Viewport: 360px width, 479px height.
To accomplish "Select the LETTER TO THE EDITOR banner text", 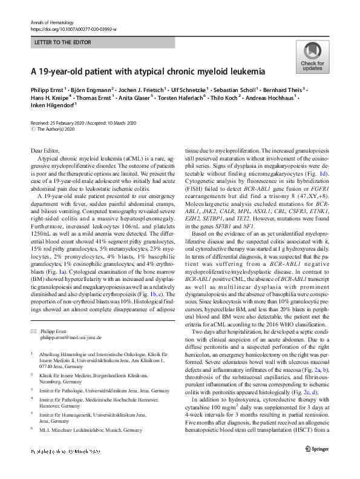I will (62, 42).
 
